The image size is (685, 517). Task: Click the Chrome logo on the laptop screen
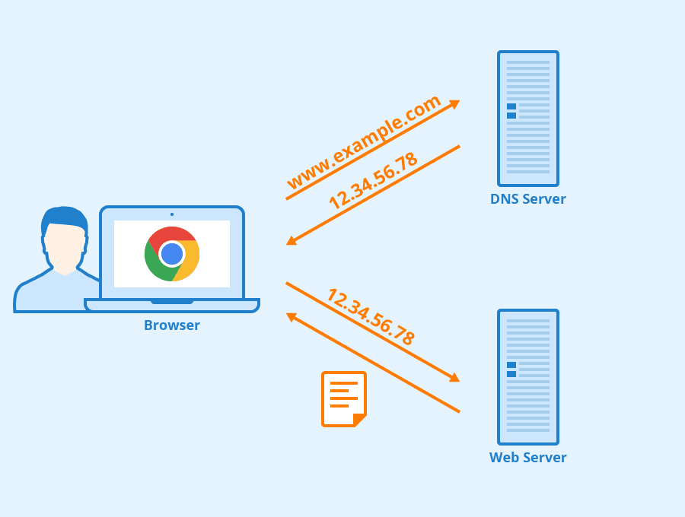[x=172, y=254]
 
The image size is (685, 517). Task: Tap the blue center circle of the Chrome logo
[x=172, y=254]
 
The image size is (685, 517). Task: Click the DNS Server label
[x=527, y=199]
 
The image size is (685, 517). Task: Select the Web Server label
[x=527, y=458]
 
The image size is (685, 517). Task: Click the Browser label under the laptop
[x=172, y=325]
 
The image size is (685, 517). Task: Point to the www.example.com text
[x=364, y=142]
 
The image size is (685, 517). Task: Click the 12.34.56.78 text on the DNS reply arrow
[x=373, y=181]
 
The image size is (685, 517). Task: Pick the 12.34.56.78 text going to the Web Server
[x=371, y=316]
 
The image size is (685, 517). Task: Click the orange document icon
[x=344, y=398]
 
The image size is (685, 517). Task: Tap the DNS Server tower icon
[x=528, y=119]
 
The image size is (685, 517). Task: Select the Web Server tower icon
[x=528, y=377]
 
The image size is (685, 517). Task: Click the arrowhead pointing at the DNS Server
[x=455, y=103]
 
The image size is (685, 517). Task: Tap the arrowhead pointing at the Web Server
[x=455, y=377]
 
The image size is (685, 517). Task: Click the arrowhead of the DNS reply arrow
[x=291, y=241]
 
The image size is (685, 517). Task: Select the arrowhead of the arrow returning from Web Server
[x=291, y=316]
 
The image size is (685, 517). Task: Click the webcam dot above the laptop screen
[x=172, y=214]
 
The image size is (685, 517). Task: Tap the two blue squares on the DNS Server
[x=511, y=111]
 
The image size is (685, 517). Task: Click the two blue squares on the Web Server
[x=511, y=370]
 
